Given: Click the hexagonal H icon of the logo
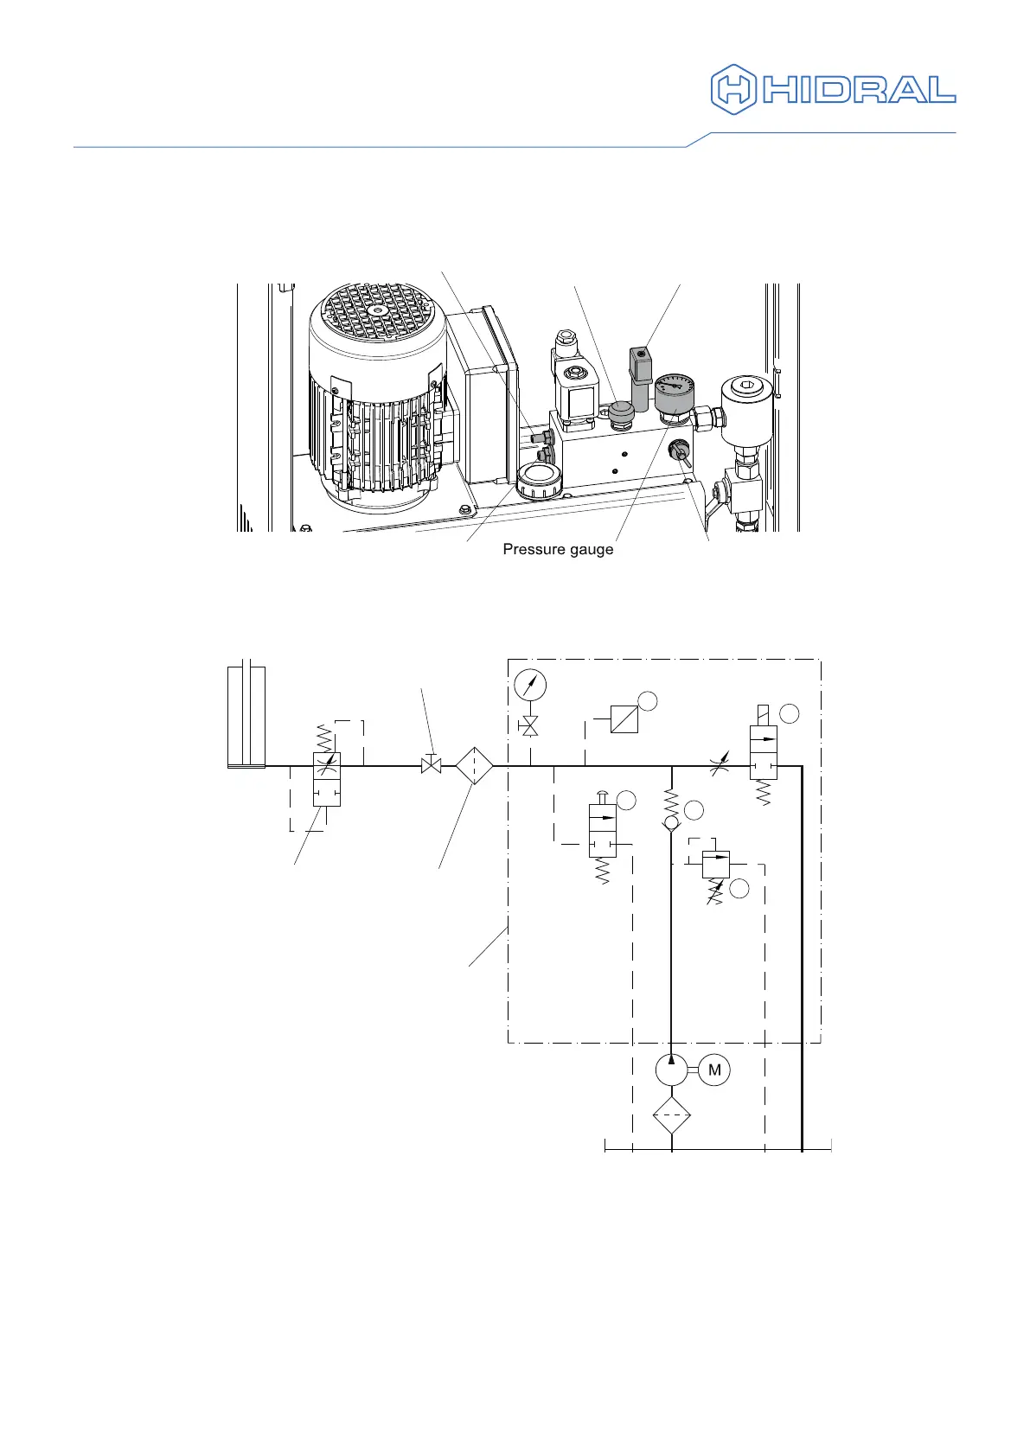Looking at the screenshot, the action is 733,88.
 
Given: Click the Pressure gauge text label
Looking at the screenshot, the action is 558,550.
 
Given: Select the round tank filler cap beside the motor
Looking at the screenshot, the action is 536,478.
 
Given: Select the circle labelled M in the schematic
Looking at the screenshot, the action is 714,1070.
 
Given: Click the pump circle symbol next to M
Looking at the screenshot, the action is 671,1070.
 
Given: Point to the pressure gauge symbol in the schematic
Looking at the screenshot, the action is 530,686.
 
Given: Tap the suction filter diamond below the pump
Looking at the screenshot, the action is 672,1116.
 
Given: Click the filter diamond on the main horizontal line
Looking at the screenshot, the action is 474,765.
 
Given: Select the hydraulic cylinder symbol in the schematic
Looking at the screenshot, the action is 246,717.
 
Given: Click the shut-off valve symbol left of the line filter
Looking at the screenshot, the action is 431,765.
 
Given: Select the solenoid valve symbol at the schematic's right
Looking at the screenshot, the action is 764,752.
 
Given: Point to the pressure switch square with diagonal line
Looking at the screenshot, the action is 624,718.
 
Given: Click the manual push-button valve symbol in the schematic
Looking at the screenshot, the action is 603,831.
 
